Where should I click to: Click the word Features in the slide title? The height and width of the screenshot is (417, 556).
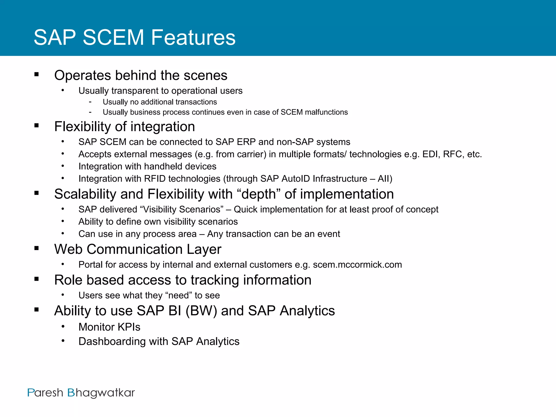click(x=193, y=37)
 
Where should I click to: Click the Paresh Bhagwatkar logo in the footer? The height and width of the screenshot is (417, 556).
click(x=81, y=393)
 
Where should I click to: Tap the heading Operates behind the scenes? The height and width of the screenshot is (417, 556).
click(x=141, y=75)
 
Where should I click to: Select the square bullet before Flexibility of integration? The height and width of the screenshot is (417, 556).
click(x=37, y=125)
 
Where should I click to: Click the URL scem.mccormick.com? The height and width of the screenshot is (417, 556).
click(x=357, y=264)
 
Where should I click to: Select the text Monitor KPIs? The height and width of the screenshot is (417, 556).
click(x=109, y=327)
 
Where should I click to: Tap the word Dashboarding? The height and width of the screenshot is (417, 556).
click(x=112, y=341)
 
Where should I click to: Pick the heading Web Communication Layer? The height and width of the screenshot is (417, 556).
click(x=138, y=249)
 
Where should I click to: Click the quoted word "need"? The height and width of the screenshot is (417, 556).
click(x=178, y=295)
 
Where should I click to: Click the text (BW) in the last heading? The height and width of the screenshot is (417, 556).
click(x=201, y=311)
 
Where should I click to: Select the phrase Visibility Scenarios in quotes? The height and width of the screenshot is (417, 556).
click(x=182, y=209)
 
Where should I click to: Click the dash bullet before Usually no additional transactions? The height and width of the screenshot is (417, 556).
click(x=90, y=102)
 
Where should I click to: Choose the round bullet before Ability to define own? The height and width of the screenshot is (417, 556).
click(x=63, y=221)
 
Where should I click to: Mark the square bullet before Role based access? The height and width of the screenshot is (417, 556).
click(x=37, y=279)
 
